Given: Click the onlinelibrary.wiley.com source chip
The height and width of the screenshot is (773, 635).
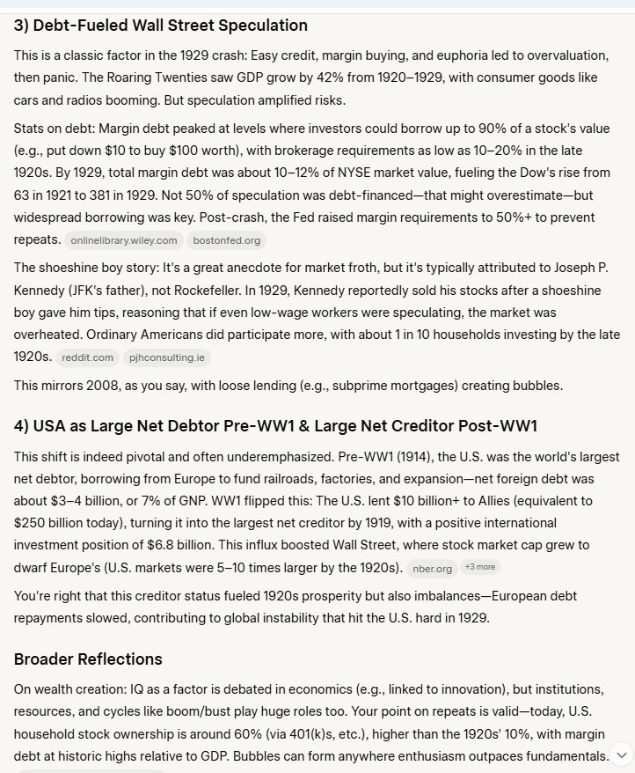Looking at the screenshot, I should point(124,240).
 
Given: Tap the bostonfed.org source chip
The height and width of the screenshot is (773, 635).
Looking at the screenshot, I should point(227,240).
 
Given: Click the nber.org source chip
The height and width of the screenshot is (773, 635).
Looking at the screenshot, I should point(433,568).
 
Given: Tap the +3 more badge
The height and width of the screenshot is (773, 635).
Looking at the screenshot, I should point(480,567).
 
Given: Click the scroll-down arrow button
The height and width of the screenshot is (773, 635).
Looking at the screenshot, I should point(621,754).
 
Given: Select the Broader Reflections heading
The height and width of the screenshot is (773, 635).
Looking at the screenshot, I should point(88,659).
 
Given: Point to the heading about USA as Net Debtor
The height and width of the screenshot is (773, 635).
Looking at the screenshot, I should point(275,426).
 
